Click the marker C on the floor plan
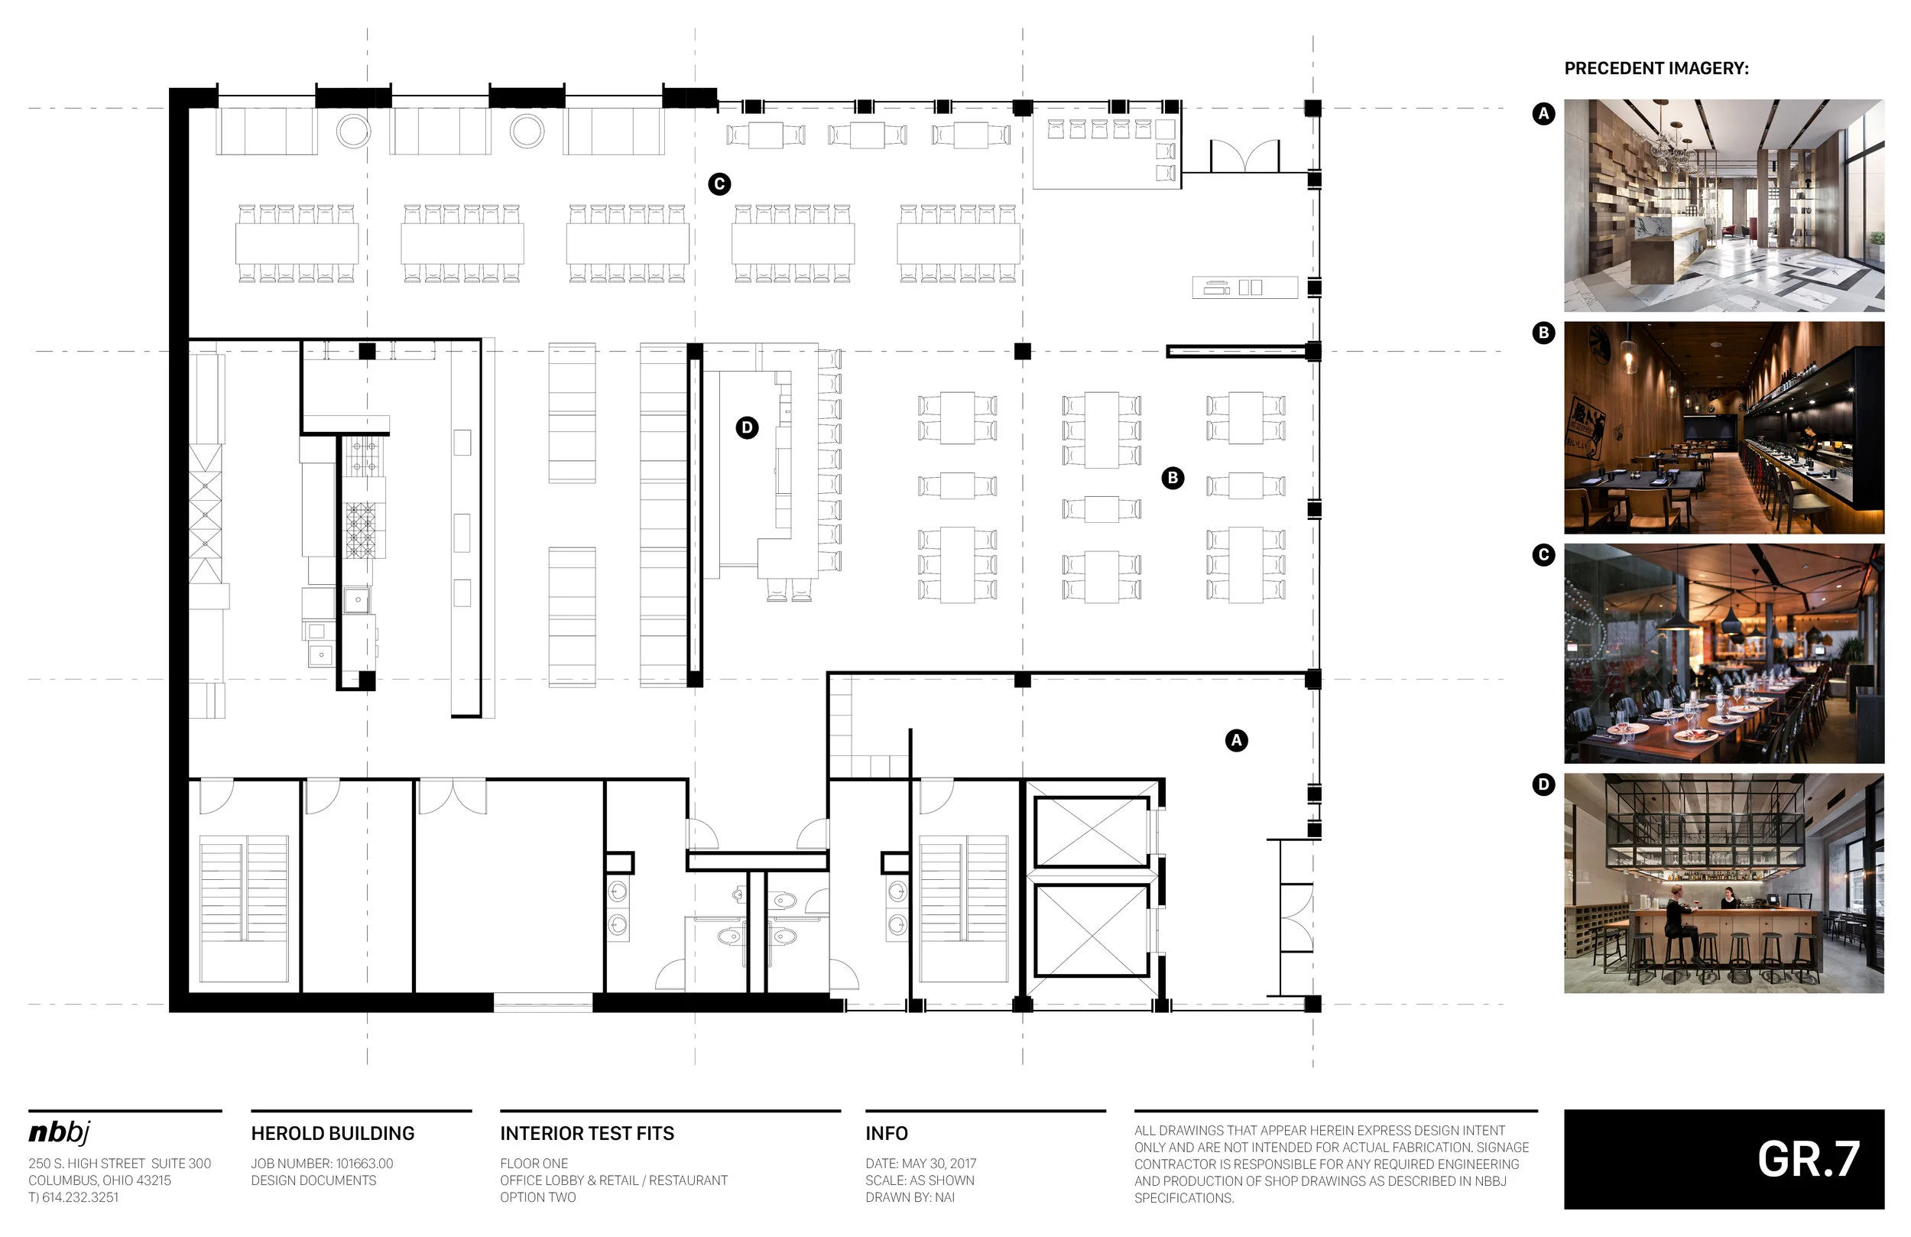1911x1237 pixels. [x=719, y=184]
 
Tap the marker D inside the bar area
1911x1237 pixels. [x=747, y=427]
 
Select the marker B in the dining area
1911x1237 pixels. [x=1173, y=479]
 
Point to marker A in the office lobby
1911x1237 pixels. [x=1237, y=741]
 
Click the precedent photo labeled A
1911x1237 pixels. [x=1724, y=206]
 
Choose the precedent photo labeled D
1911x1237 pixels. [x=1724, y=884]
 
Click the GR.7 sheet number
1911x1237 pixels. [x=1809, y=1159]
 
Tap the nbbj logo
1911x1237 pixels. [x=60, y=1132]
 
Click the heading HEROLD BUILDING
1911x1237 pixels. [x=333, y=1133]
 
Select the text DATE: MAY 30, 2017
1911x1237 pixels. [x=921, y=1163]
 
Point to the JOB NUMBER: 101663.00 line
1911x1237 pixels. [x=322, y=1163]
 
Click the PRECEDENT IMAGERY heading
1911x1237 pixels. [x=1656, y=68]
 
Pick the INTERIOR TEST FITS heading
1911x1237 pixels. [x=587, y=1133]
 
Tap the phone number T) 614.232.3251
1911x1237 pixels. [x=73, y=1196]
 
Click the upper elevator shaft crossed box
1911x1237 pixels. [x=1092, y=832]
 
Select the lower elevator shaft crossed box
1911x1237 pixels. [x=1092, y=930]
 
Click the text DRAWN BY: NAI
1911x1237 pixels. [x=910, y=1196]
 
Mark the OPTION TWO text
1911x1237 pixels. [x=538, y=1196]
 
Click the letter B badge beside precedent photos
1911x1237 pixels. [x=1543, y=333]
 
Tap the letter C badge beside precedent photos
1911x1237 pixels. [x=1543, y=555]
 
